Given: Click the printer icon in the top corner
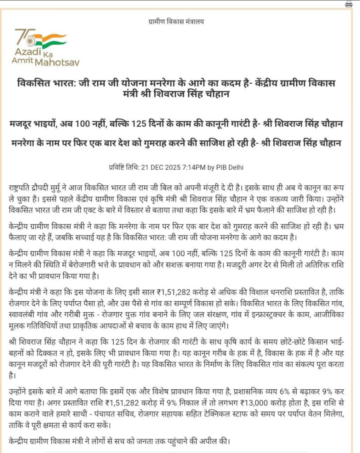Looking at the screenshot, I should click(349, 4).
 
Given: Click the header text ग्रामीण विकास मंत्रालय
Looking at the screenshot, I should click(176, 21).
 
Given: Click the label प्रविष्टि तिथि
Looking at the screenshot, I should click(124, 168).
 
